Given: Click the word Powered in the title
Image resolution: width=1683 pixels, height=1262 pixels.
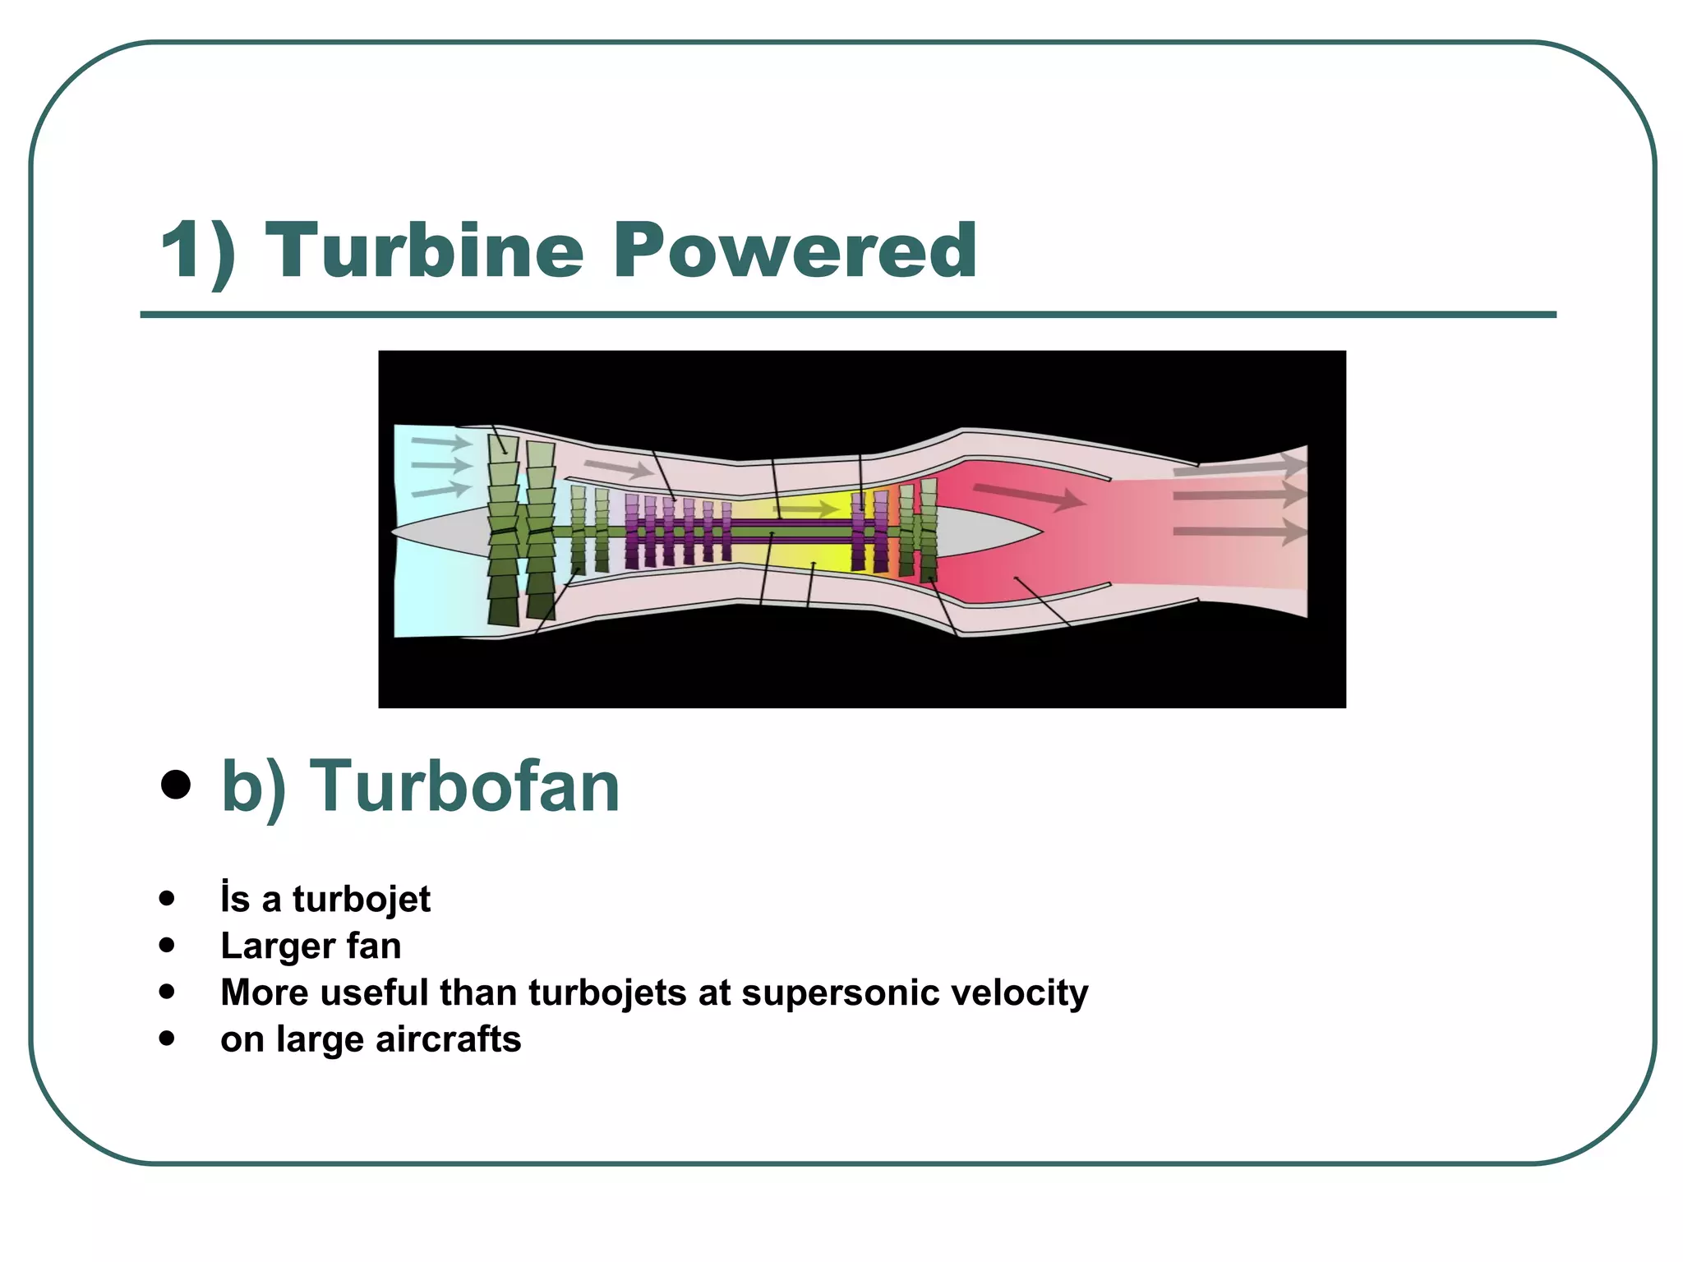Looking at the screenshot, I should click(x=794, y=251).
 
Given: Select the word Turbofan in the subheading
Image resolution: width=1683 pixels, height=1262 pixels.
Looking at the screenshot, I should click(x=464, y=786).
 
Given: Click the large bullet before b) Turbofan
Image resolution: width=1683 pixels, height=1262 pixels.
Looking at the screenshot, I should click(x=176, y=785).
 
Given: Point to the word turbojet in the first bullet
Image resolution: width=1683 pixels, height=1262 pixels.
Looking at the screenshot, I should click(x=361, y=899).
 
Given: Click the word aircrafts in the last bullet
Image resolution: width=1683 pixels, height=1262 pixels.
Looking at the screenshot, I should click(x=448, y=1039).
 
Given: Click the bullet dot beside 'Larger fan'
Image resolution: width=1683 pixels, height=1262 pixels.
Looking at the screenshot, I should click(x=168, y=946).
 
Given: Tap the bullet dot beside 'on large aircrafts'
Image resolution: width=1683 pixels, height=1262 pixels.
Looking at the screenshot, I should click(x=168, y=1039).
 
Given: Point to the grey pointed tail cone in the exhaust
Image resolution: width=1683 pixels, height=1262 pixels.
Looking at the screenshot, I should click(x=986, y=532).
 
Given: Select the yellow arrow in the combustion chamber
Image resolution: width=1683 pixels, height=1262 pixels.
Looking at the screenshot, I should click(x=805, y=510).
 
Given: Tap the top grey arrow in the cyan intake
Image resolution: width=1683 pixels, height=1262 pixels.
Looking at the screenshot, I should click(x=441, y=443).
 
